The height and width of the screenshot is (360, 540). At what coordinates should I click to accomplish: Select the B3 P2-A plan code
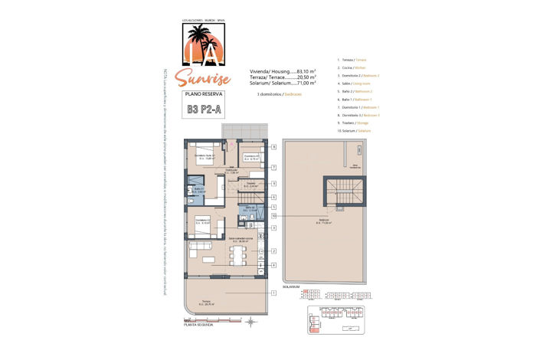(203, 110)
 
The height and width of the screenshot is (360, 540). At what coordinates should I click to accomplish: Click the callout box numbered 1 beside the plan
(273, 293)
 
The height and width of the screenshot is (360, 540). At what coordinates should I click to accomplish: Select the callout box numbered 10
(273, 217)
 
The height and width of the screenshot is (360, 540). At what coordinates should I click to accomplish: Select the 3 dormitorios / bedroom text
(279, 93)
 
